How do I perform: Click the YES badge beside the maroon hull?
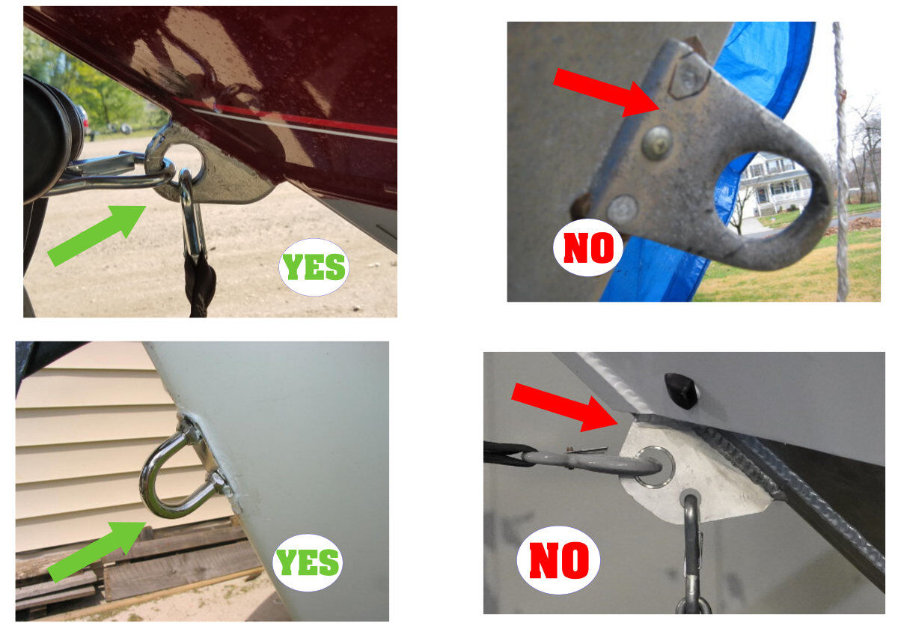(314, 267)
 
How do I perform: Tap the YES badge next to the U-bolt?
(308, 562)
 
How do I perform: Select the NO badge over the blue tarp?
(588, 248)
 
